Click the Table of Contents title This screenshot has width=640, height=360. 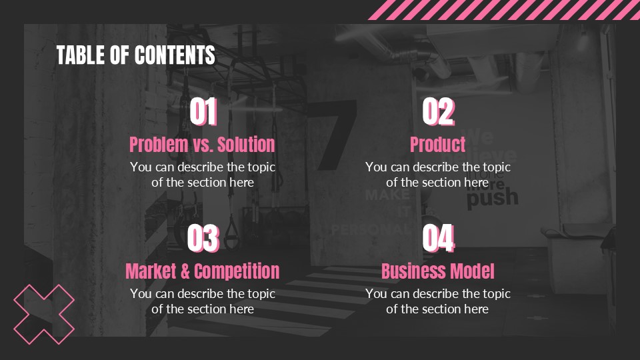pos(135,55)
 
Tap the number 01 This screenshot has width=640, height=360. pos(203,112)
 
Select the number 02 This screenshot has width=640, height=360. pos(438,112)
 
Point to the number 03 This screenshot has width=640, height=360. pos(203,238)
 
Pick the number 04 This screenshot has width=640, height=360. pos(438,238)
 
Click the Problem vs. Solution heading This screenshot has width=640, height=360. pos(202,144)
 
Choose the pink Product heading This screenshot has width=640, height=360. pos(437,144)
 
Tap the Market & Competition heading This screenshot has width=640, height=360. pos(202,271)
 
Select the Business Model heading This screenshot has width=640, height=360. pos(437,271)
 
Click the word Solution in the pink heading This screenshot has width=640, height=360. pos(246,144)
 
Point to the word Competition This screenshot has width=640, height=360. pos(237,271)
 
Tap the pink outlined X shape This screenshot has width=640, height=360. pos(44,314)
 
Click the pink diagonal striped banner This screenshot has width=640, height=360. pos(507,9)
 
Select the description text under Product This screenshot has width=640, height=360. pos(437,175)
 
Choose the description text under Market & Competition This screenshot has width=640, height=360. pos(202,301)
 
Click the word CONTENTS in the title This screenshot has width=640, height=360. pos(175,55)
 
